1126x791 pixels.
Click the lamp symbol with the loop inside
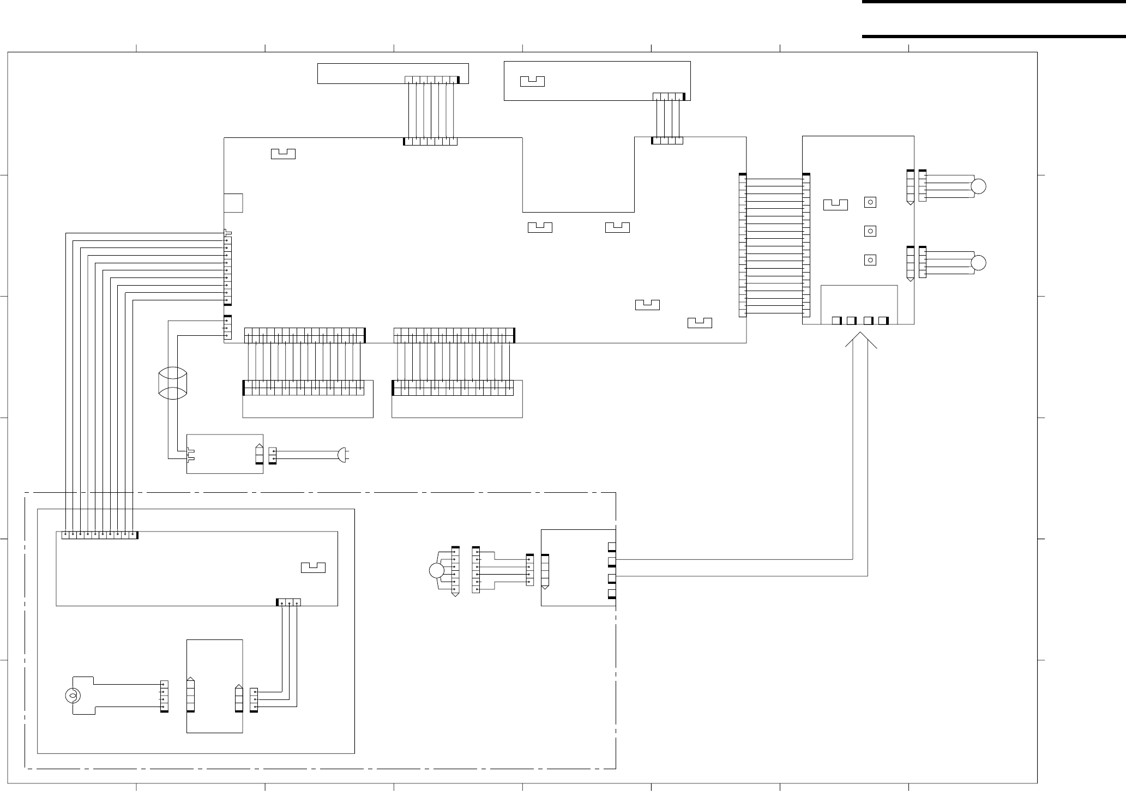point(71,696)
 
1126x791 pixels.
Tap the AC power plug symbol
point(342,454)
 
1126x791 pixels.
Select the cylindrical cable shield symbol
point(172,385)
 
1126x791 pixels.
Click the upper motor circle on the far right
point(979,186)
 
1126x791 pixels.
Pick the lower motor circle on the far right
point(979,263)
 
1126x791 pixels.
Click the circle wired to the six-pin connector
point(436,571)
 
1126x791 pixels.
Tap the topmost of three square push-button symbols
point(870,202)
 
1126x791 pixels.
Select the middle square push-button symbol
point(870,231)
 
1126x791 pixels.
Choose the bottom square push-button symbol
point(870,260)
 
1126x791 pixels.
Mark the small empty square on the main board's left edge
point(233,203)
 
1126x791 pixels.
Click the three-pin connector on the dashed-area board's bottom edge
point(288,602)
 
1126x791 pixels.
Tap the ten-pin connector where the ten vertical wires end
point(99,535)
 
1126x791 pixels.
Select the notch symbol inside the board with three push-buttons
point(835,205)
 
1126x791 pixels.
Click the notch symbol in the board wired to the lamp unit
point(313,567)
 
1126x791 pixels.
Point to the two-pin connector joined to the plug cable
point(272,455)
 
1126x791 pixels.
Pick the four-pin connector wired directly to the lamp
point(164,696)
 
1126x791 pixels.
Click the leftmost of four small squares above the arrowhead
point(836,320)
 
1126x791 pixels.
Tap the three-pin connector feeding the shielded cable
point(227,328)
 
